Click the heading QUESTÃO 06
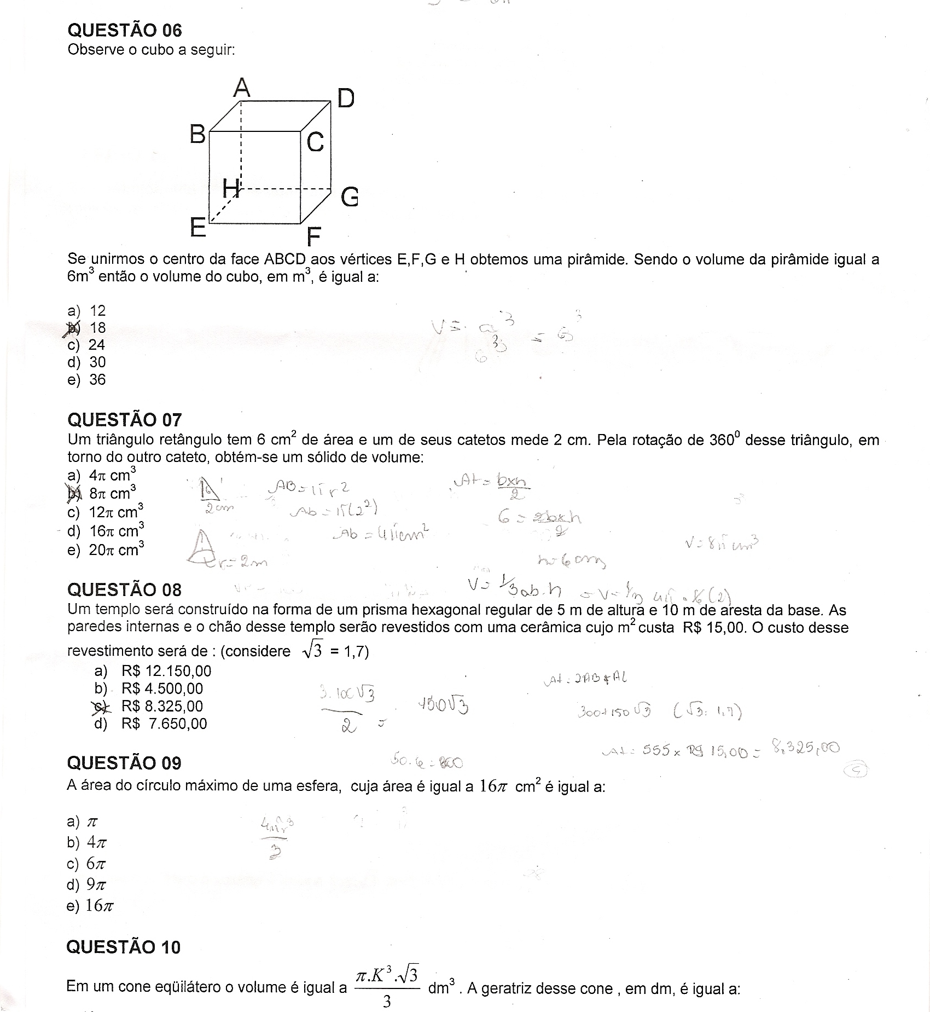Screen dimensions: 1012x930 [x=124, y=30]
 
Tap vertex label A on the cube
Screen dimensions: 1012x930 [x=242, y=88]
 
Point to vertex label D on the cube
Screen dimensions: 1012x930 [x=346, y=99]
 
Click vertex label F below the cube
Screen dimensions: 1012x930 [x=313, y=237]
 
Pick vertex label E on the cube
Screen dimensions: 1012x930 [x=197, y=227]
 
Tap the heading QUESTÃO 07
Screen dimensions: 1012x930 [x=124, y=420]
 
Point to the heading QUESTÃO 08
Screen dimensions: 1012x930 [x=124, y=589]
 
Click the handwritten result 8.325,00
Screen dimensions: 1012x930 [x=805, y=747]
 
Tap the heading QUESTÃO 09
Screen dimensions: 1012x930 [x=124, y=763]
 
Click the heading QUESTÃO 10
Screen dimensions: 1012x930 [x=123, y=947]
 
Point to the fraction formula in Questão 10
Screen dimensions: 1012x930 [x=387, y=986]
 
